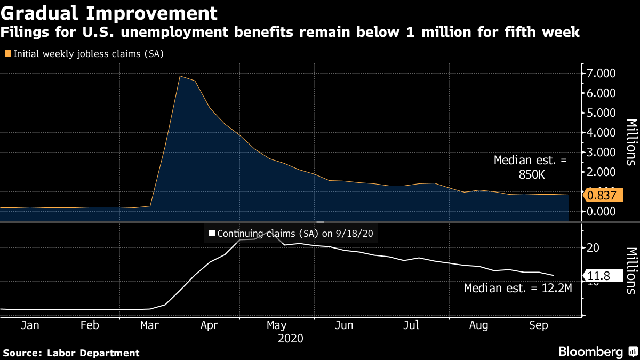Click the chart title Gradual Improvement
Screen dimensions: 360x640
[109, 12]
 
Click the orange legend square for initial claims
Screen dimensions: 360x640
[8, 53]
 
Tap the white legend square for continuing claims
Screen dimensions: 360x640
[212, 233]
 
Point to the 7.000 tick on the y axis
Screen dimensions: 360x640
[602, 73]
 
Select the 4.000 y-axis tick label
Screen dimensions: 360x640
[602, 132]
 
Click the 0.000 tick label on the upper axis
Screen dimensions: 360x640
[602, 212]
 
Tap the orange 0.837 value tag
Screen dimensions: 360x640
[604, 196]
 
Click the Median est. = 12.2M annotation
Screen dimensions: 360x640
[518, 289]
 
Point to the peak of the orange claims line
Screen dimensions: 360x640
[180, 76]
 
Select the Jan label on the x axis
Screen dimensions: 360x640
[30, 325]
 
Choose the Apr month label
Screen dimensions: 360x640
[210, 325]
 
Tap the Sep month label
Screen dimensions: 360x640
[540, 325]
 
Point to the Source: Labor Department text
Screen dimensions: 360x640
[71, 353]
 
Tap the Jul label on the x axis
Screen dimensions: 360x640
[411, 325]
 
